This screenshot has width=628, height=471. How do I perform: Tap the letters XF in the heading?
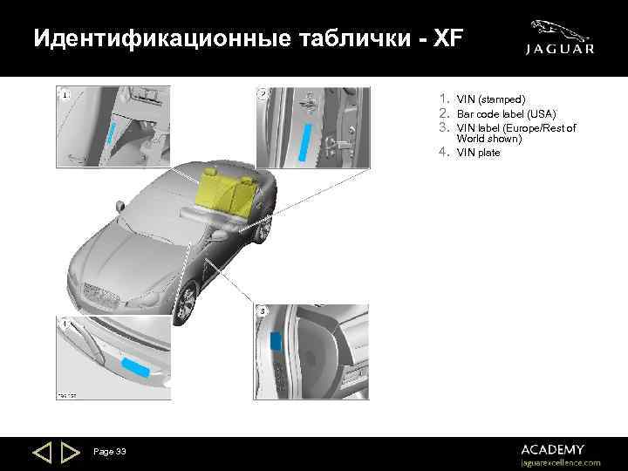coord(447,39)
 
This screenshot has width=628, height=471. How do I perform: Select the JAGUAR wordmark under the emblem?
coord(560,50)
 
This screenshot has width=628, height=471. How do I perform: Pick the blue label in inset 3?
coord(276,341)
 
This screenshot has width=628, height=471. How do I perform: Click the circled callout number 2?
coord(263,94)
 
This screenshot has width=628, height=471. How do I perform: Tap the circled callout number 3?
coord(263,311)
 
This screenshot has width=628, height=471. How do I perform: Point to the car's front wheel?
coord(185,302)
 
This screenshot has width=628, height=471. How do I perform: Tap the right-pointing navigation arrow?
coord(71,453)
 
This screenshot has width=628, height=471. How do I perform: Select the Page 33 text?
coord(110,451)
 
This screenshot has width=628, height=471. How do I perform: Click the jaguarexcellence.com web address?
coord(560,462)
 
